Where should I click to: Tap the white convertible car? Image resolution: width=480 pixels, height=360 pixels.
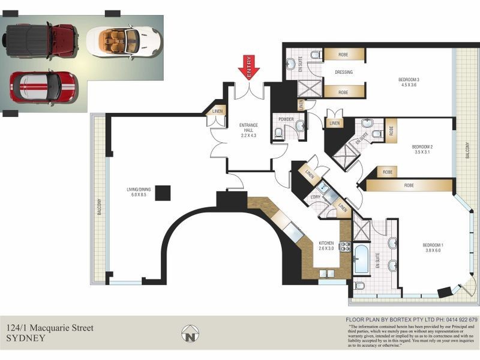click(x=124, y=41)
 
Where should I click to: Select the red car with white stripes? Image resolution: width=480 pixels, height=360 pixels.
click(x=42, y=86)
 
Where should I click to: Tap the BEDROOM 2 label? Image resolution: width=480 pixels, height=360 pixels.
click(x=422, y=149)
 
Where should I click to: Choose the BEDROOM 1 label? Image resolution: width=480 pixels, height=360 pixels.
click(x=433, y=247)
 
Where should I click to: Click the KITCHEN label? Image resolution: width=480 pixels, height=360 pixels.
click(x=326, y=245)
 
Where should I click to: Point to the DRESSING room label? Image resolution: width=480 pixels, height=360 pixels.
click(x=344, y=72)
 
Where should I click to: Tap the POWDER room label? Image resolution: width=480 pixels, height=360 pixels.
click(x=286, y=119)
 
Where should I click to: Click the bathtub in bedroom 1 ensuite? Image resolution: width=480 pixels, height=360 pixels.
click(x=362, y=259)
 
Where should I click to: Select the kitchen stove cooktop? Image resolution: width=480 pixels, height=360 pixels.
click(x=345, y=246)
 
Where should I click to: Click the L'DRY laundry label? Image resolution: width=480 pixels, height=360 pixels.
click(x=316, y=197)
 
